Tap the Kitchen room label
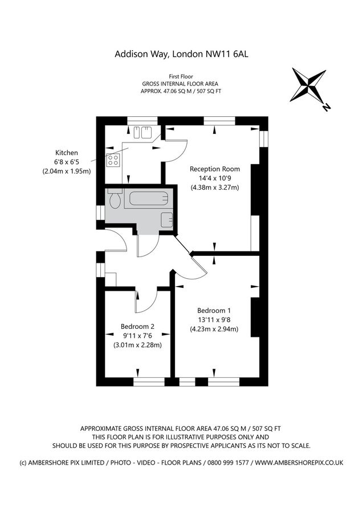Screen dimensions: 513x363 tap(66, 153)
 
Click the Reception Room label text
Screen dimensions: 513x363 tap(214, 169)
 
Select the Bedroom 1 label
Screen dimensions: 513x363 tap(214, 310)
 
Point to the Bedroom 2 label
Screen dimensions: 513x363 tap(137, 326)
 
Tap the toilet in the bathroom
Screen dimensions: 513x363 tap(114, 200)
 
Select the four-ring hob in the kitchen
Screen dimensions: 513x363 tap(113, 160)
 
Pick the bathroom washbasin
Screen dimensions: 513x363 tap(166, 219)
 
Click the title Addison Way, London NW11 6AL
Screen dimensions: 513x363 tap(182, 55)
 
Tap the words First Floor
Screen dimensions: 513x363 tap(181, 76)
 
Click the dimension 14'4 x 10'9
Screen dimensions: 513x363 tap(214, 178)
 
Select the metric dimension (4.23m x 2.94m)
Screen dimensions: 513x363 tap(214, 329)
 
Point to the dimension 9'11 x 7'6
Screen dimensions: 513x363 tap(137, 335)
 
